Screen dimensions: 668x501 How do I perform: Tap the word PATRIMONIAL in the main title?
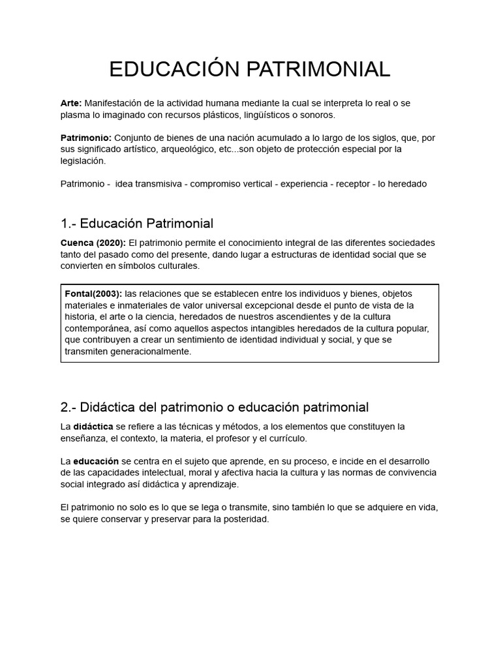coord(316,68)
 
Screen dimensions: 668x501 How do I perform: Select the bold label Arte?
coord(71,103)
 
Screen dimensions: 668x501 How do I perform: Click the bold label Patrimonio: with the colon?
coord(86,138)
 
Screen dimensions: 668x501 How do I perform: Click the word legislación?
coord(82,161)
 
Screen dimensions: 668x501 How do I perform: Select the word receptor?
coord(353,184)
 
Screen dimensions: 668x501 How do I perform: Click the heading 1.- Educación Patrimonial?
coord(137,224)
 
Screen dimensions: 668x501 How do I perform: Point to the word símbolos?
coord(122,266)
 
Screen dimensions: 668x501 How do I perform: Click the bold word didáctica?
coord(93,427)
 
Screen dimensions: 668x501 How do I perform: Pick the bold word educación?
coord(96,461)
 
